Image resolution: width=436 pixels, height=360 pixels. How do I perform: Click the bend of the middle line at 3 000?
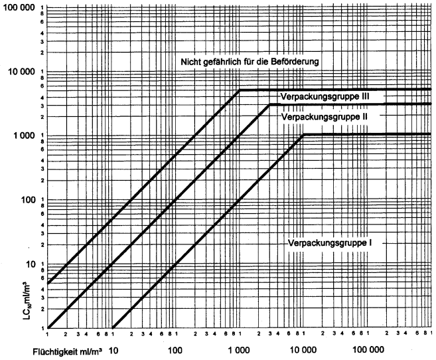pyautogui.click(x=270, y=104)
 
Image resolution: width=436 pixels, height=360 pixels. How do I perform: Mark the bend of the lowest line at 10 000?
pyautogui.click(x=303, y=135)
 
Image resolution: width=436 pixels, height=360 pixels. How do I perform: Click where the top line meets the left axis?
pyautogui.click(x=49, y=283)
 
